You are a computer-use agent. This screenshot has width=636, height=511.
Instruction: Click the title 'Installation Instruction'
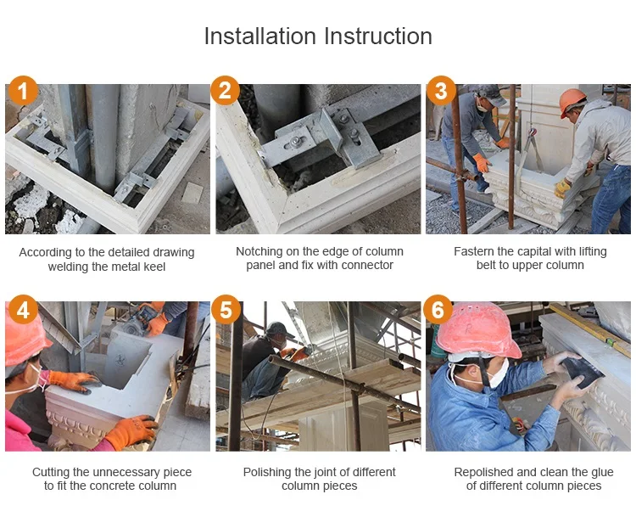point(318,36)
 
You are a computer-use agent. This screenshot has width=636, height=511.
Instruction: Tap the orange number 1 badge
point(23,91)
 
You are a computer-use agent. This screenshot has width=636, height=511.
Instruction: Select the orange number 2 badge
point(225,91)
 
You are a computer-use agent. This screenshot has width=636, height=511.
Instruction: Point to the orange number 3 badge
point(441,91)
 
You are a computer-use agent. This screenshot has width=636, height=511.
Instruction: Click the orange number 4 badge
point(23,310)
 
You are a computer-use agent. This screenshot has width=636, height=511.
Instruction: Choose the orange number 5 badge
point(225,310)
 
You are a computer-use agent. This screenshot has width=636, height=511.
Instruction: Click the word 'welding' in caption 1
point(70,266)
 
